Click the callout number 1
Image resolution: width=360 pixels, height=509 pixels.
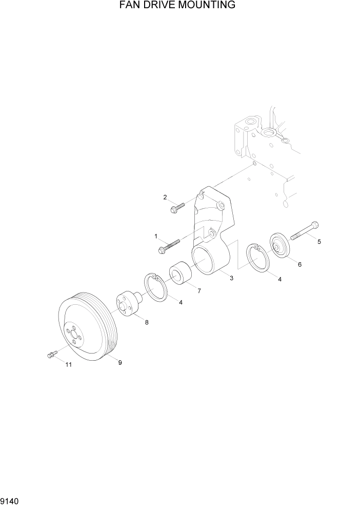coord(155,236)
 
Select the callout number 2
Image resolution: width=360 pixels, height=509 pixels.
coord(165,197)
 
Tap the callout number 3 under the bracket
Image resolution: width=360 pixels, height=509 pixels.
coord(231,278)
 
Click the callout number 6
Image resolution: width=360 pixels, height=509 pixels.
coord(299,265)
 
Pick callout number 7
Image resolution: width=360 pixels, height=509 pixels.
coord(198,290)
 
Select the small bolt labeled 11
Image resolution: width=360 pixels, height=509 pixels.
coord(51,354)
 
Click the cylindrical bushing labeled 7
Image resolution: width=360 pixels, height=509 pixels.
coord(180,274)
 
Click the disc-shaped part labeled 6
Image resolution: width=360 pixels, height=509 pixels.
coord(279,245)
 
